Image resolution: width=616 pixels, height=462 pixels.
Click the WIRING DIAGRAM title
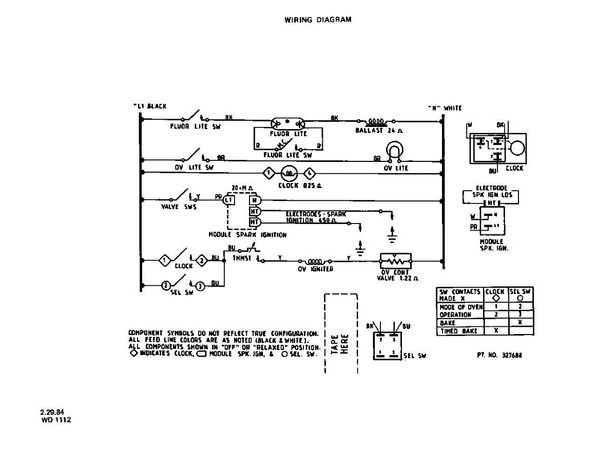click(318, 20)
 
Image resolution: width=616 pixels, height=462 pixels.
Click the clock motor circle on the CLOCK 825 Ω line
click(289, 173)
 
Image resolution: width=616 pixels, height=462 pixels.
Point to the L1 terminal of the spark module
click(229, 200)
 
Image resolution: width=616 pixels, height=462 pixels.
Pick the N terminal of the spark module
click(254, 200)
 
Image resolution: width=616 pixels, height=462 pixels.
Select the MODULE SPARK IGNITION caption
click(247, 235)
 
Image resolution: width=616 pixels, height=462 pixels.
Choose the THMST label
click(242, 258)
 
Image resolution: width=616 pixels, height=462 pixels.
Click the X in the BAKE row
click(520, 323)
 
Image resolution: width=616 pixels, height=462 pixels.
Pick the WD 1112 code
click(56, 420)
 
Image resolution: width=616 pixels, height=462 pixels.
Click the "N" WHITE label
click(445, 108)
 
